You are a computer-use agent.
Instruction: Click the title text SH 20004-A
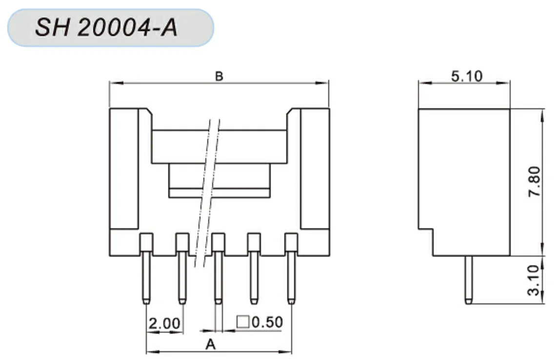(106, 28)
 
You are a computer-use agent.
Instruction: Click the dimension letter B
(219, 77)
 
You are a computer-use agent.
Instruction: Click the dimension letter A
(210, 344)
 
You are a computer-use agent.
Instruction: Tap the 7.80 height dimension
(535, 181)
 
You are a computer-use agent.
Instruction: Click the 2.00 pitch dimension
(164, 323)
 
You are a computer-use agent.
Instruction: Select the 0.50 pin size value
(267, 322)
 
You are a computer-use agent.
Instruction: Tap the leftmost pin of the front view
(146, 278)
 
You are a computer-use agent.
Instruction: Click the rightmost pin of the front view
(291, 278)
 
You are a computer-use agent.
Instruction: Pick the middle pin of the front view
(218, 278)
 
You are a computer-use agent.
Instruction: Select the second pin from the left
(182, 278)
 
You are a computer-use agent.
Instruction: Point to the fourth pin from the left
(254, 278)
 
